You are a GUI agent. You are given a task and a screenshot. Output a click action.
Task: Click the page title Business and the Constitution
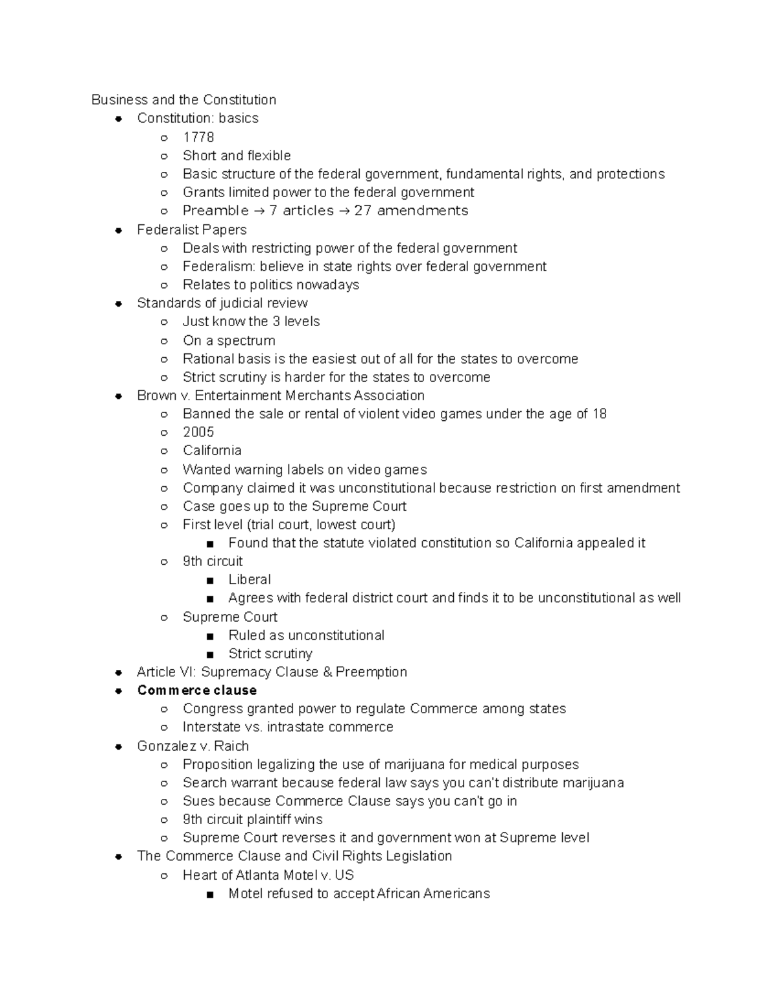pos(183,100)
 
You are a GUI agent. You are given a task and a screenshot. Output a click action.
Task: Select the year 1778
pos(198,137)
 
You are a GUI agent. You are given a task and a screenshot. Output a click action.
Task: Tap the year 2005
pos(198,432)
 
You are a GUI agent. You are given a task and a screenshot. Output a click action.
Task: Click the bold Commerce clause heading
pos(196,690)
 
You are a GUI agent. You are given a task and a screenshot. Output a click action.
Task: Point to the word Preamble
pos(215,211)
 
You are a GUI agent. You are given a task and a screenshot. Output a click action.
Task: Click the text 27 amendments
pos(411,211)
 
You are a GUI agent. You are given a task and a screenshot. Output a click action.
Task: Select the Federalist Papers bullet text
pos(191,230)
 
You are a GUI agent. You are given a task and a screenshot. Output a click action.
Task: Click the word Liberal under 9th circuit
pos(250,580)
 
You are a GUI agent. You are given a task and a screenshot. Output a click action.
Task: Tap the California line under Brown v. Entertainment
pos(212,451)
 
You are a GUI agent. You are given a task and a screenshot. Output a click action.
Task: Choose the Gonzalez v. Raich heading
pos(193,746)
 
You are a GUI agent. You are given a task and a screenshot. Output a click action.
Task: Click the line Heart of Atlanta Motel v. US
pos(268,875)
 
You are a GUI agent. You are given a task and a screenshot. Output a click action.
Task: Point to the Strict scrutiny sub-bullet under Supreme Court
pos(270,654)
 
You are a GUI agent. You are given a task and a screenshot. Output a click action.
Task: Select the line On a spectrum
pos(229,340)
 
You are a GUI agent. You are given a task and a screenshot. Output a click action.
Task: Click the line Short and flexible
pos(237,156)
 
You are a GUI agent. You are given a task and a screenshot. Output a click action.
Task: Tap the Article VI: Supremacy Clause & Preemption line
pos(272,672)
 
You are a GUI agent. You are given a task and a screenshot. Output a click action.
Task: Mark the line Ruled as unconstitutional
pos(306,635)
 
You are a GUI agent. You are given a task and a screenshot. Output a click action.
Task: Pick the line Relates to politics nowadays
pos(270,285)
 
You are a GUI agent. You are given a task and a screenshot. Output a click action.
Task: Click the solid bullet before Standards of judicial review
pos(119,303)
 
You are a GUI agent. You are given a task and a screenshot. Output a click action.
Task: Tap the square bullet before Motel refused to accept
pos(209,894)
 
